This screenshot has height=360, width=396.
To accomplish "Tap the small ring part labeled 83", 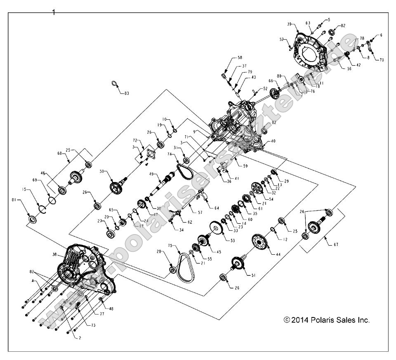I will [114, 85].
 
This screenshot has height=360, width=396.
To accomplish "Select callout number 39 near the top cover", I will [289, 24].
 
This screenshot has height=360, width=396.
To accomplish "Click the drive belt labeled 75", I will [181, 264].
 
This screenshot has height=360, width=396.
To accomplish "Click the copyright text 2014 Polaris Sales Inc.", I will [327, 320].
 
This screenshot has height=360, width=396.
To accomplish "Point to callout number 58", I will [239, 58].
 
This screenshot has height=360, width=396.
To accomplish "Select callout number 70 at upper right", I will [382, 60].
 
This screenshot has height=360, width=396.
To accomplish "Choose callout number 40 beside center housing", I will [272, 141].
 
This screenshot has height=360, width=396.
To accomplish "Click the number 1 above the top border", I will [53, 12].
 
